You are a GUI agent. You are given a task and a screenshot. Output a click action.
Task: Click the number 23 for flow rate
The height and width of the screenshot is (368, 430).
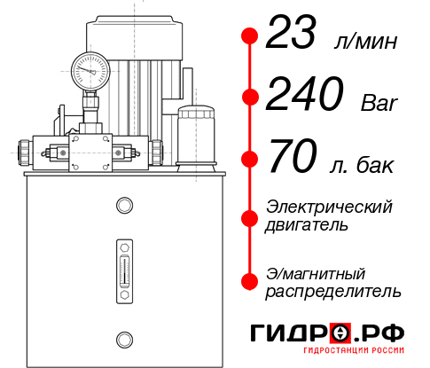[294, 35]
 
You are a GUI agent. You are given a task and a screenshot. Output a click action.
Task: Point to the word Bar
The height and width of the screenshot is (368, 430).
[379, 104]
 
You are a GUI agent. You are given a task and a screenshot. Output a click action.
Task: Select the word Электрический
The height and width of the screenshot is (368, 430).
[329, 207]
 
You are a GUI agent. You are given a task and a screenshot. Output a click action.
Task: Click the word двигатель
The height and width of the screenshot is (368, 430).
[307, 225]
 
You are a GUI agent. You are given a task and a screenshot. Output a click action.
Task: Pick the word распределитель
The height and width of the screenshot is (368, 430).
[334, 291]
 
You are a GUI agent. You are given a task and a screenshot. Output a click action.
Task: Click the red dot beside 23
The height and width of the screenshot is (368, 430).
[250, 36]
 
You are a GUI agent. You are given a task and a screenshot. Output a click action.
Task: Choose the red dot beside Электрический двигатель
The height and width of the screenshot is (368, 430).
[250, 217]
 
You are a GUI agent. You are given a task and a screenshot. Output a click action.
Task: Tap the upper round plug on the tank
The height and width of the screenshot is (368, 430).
[123, 207]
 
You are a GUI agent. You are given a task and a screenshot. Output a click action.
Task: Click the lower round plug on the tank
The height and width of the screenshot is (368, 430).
[123, 338]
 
